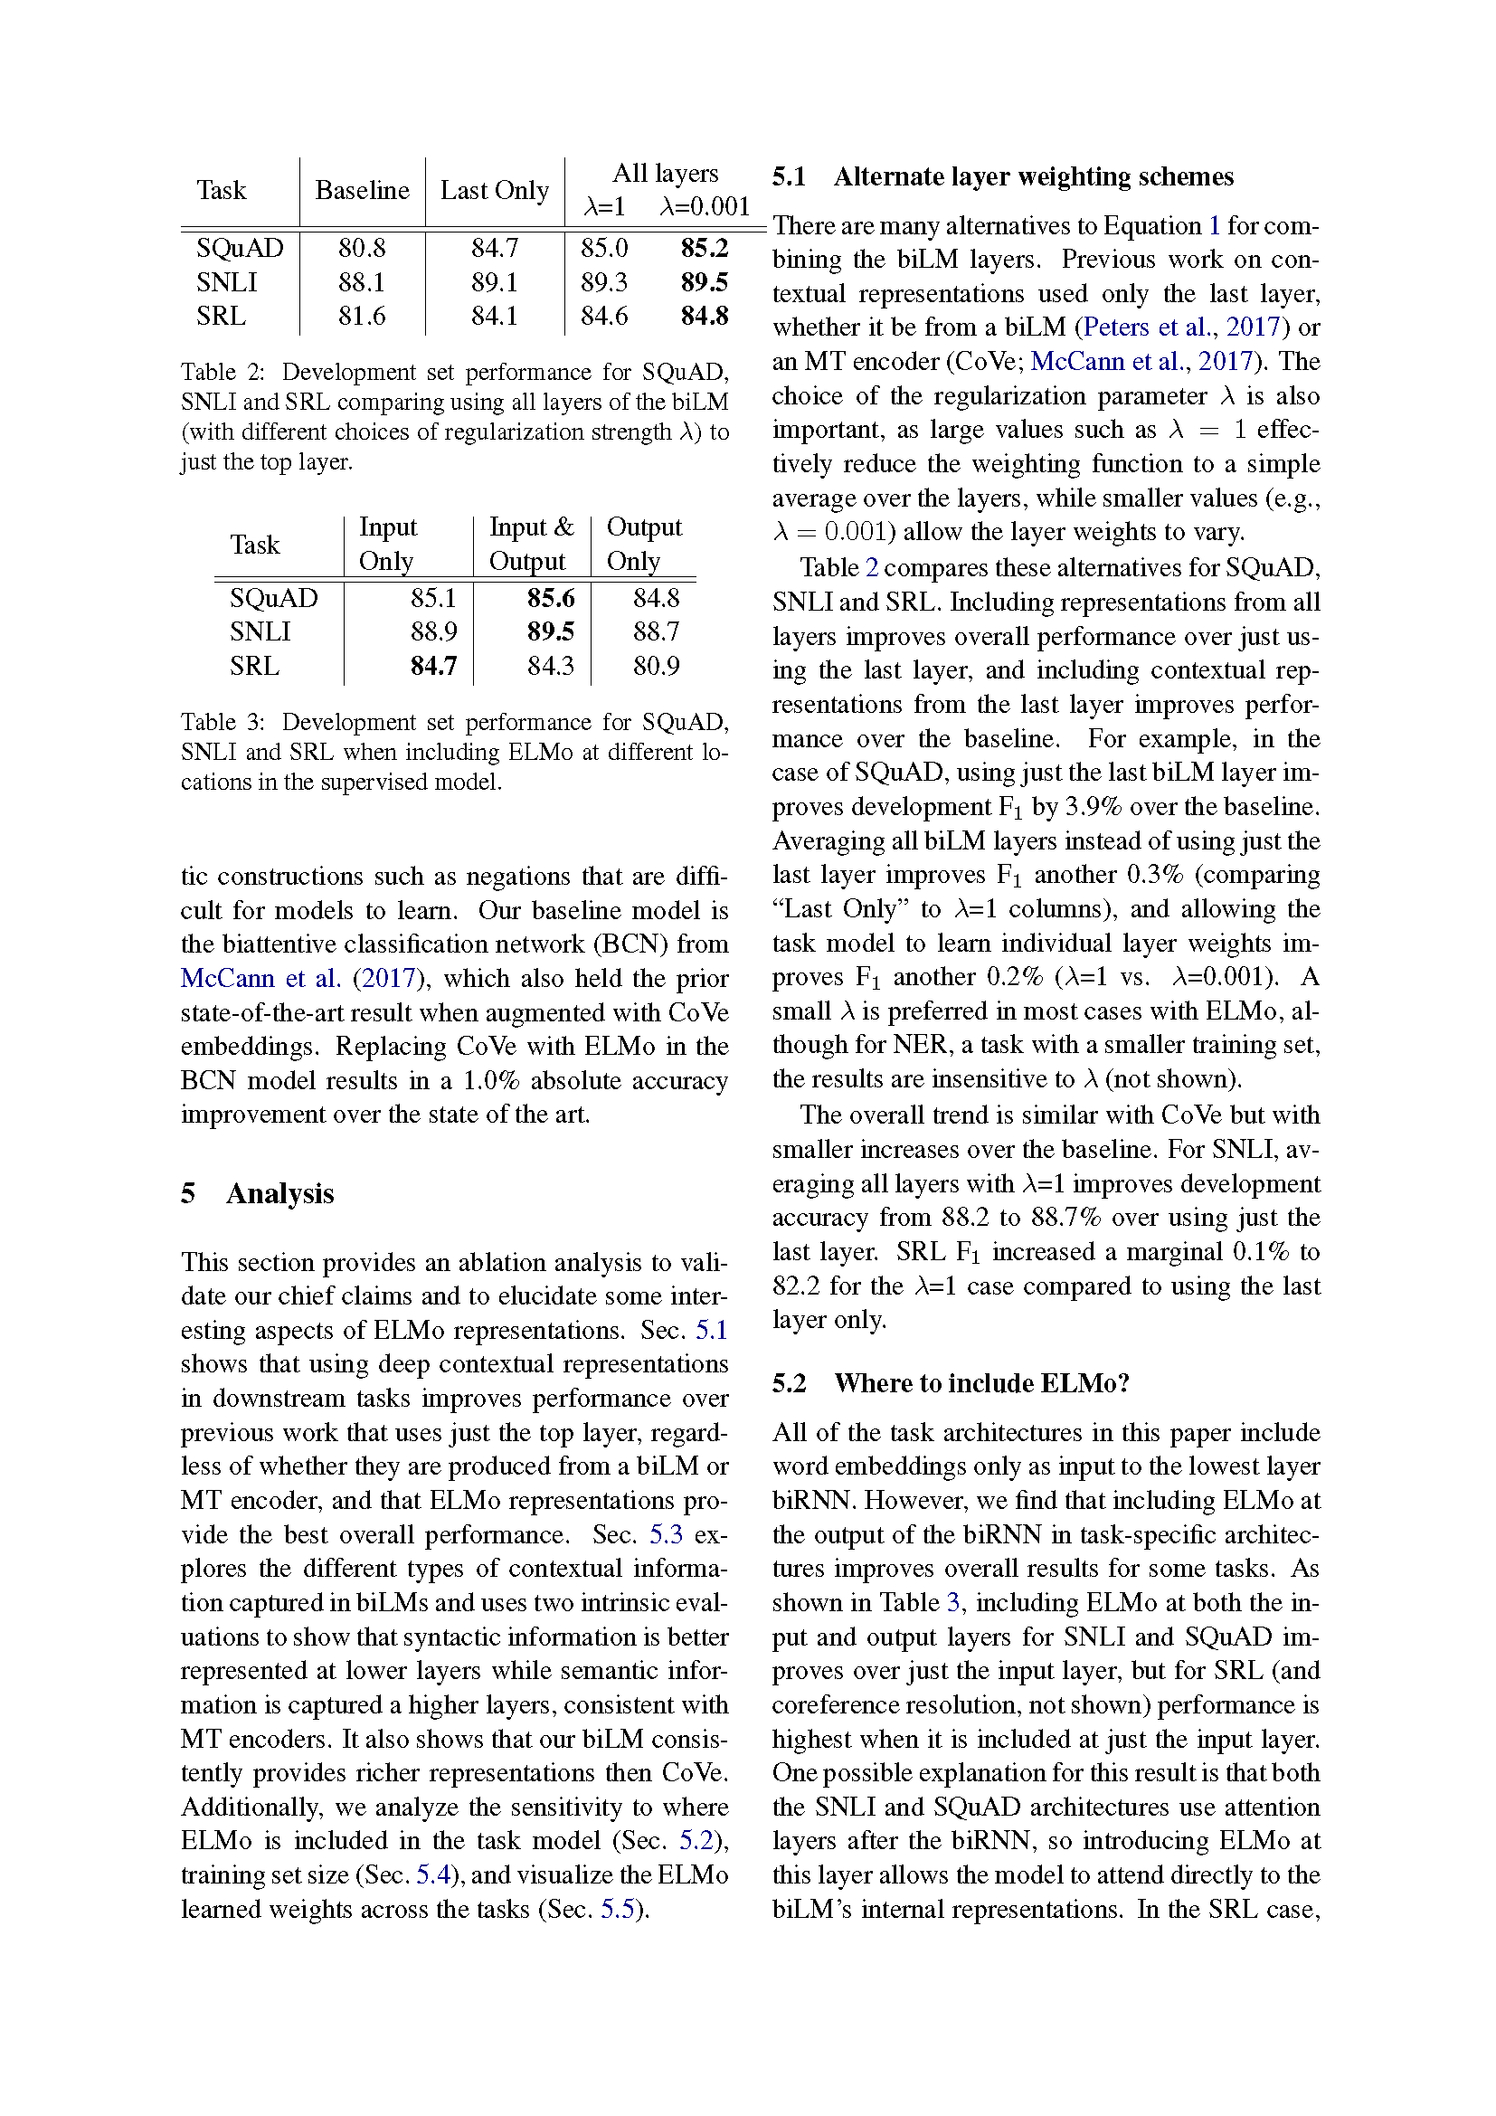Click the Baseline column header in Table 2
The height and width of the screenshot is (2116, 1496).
pos(362,190)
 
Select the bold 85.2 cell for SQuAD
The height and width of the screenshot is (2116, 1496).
pos(704,248)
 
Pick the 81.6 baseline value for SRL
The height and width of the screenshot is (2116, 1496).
pos(361,316)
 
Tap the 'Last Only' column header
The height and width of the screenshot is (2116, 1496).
pos(495,190)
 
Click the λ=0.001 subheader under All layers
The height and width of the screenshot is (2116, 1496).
pos(705,206)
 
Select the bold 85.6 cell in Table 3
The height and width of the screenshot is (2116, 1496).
pos(550,598)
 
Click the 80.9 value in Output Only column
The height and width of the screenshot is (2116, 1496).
pos(656,666)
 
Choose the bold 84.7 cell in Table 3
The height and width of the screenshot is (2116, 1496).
pos(433,666)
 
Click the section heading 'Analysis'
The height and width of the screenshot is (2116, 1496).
pos(279,1193)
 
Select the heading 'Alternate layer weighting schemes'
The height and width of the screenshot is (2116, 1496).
pos(1033,176)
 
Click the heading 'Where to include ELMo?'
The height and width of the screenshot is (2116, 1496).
pos(981,1383)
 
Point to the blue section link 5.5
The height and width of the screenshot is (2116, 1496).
pos(617,1909)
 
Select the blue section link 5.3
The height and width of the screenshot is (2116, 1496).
pos(666,1534)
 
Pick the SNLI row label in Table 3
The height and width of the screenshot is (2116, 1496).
pos(260,631)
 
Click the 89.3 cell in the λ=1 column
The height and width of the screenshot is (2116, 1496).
pos(603,282)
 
